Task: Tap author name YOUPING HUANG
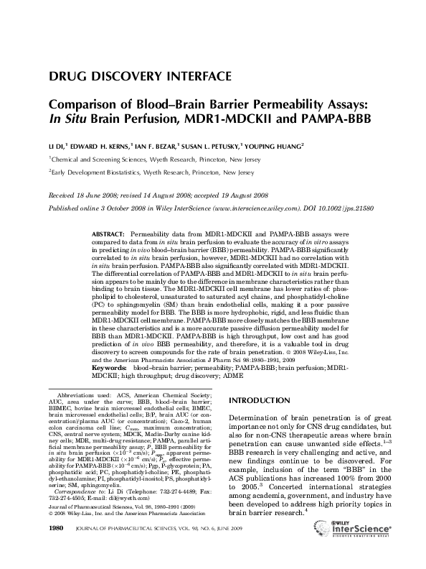pos(273,145)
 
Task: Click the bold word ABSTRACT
pos(109,234)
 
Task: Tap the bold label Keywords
pos(109,366)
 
